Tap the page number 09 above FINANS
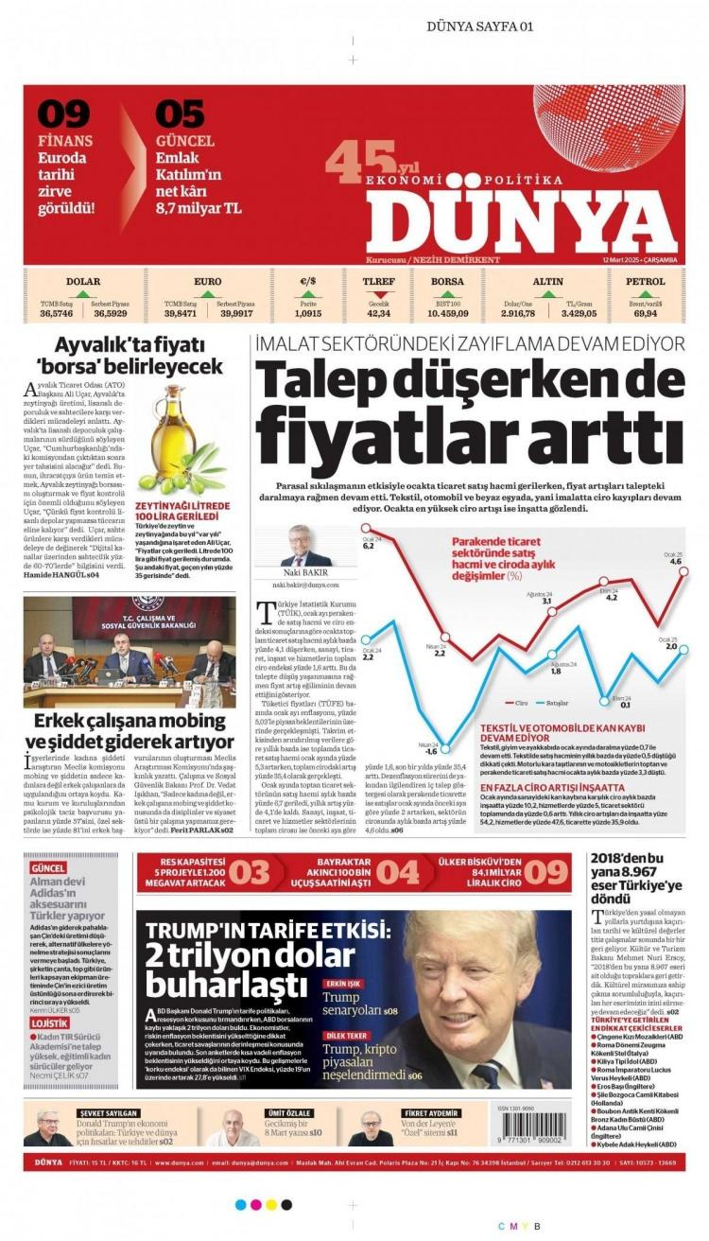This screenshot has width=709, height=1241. pyautogui.click(x=63, y=114)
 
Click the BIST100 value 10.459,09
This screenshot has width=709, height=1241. pyautogui.click(x=448, y=313)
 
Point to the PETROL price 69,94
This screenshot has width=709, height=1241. pyautogui.click(x=645, y=313)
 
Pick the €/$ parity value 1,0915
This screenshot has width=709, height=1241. pyautogui.click(x=308, y=313)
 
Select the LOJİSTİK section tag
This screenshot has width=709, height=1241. pyautogui.click(x=49, y=1023)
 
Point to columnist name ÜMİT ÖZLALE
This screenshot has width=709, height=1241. pyautogui.click(x=287, y=1113)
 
